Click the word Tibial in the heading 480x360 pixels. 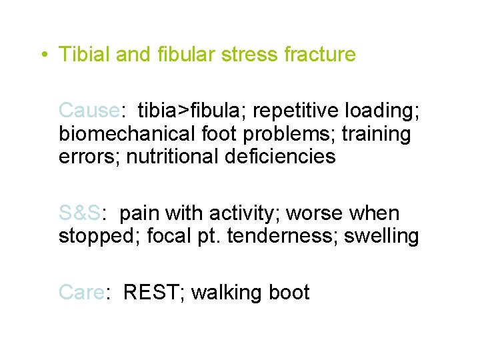coord(85,55)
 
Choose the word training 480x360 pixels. coord(376,134)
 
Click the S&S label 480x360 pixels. coord(79,213)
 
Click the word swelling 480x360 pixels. coord(382,237)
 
